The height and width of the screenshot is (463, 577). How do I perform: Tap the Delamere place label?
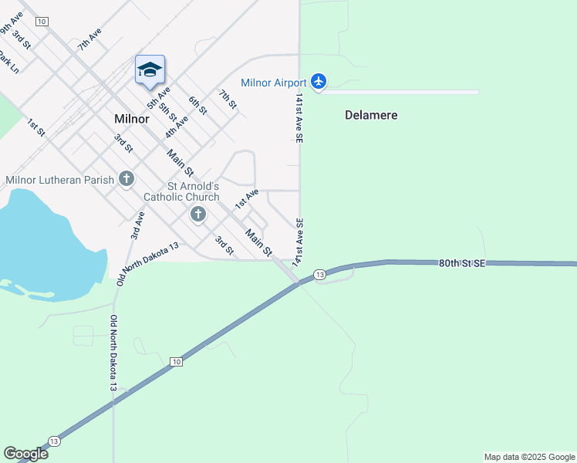point(371,115)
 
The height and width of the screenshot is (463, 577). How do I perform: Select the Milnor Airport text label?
point(274,83)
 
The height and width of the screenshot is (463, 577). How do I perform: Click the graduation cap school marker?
point(150,70)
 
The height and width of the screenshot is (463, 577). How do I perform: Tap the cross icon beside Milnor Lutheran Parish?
point(127,179)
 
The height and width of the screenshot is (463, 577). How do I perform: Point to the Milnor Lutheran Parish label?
point(60,180)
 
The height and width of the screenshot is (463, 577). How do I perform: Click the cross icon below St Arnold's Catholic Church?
point(198,214)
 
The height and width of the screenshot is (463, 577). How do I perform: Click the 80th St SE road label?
point(462,263)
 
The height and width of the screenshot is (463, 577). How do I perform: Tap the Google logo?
point(25,453)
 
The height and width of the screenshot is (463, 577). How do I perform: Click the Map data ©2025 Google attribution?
point(530,457)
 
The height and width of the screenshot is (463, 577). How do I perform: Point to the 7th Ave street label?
point(89,39)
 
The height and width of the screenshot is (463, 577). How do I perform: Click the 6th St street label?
point(198,106)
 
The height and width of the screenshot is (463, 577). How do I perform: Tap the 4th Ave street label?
point(177,127)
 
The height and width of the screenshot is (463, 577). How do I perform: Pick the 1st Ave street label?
point(246,198)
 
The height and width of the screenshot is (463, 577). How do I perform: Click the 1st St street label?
point(36,127)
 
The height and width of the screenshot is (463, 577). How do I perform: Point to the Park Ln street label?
point(8,62)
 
